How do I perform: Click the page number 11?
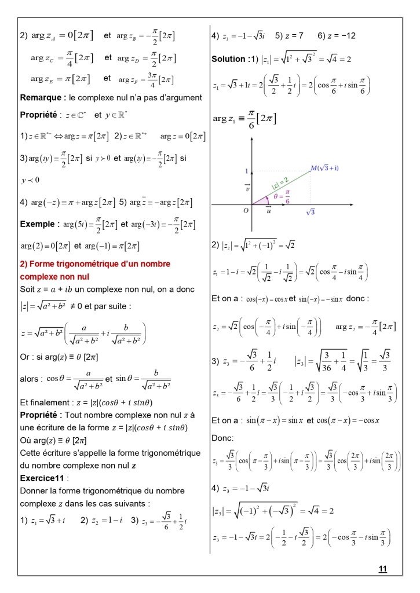[x=382, y=569]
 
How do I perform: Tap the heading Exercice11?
[x=42, y=479]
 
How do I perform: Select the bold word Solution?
[x=228, y=59]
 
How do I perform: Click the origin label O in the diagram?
[x=246, y=211]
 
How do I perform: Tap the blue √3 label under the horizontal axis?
[x=311, y=213]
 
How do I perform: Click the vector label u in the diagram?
[x=268, y=211]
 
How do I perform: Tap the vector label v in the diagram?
[x=247, y=188]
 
